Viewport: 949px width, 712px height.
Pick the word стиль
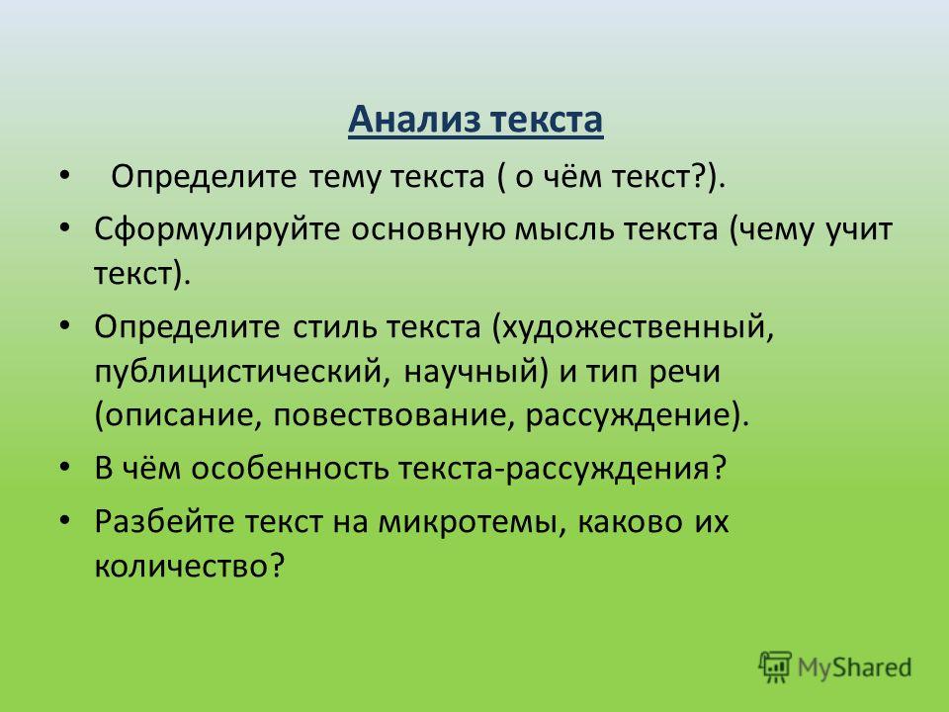pos(332,327)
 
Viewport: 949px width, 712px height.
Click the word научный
pos(471,371)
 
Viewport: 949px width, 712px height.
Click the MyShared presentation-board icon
pos(775,667)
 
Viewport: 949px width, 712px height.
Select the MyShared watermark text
pos(854,667)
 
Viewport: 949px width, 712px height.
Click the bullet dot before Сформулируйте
pos(64,228)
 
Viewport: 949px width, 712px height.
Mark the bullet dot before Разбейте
pos(64,520)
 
